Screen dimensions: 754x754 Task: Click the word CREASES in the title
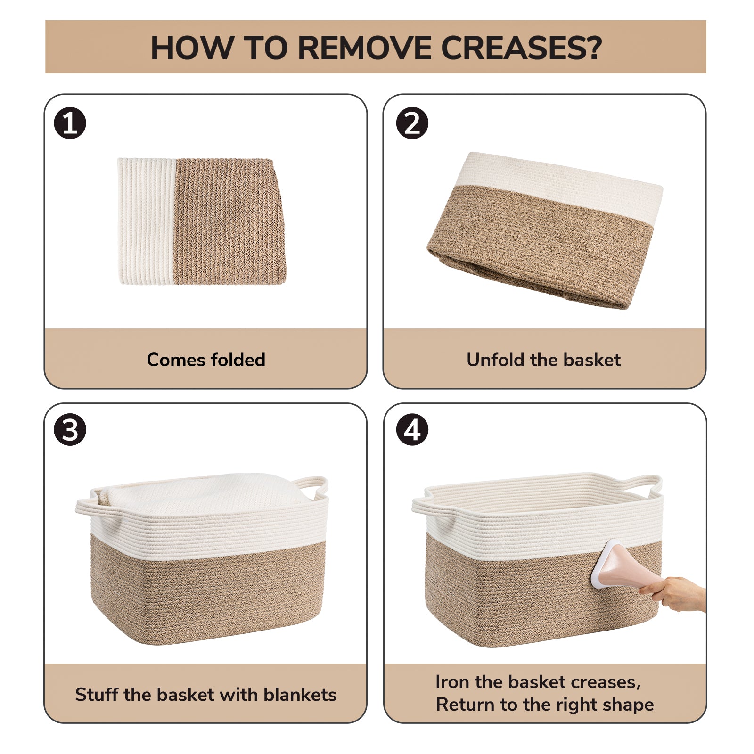pyautogui.click(x=521, y=48)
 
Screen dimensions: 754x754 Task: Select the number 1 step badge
pyautogui.click(x=70, y=124)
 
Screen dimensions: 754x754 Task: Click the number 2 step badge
pyautogui.click(x=412, y=124)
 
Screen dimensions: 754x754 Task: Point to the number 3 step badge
pyautogui.click(x=70, y=430)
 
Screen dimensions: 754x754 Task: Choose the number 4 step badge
pyautogui.click(x=412, y=430)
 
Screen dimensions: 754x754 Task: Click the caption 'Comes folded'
pyautogui.click(x=206, y=360)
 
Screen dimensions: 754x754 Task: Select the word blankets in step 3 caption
pyautogui.click(x=300, y=695)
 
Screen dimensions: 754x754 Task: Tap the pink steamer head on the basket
pyautogui.click(x=613, y=565)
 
